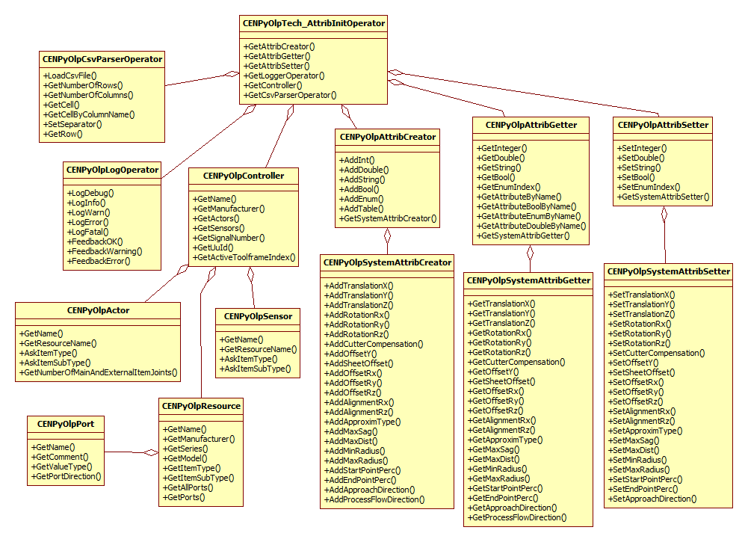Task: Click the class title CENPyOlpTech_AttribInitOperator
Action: (314, 23)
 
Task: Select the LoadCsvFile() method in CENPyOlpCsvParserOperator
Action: (71, 76)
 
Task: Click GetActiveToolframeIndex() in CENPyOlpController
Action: (244, 257)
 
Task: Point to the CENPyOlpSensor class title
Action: (258, 316)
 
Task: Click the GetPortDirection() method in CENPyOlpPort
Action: (67, 476)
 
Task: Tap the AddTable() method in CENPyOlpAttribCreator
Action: (359, 209)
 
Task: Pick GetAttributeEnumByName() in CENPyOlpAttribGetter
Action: (530, 216)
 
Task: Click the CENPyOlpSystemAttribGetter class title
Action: (529, 280)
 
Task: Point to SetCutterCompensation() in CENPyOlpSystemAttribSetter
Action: (658, 353)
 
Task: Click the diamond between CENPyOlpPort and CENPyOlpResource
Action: (152, 452)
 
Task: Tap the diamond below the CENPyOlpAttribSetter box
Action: (664, 215)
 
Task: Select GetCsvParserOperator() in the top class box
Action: (291, 95)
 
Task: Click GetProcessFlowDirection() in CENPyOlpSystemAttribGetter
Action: (517, 517)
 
